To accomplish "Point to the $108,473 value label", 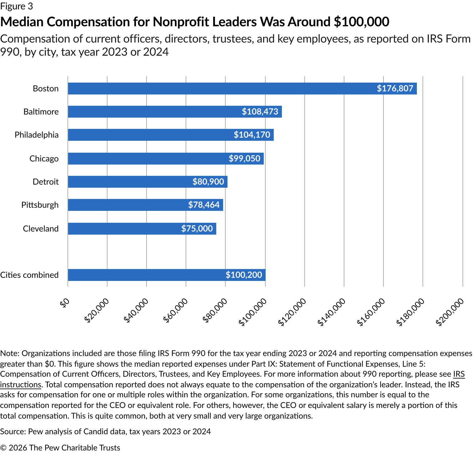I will pyautogui.click(x=260, y=112).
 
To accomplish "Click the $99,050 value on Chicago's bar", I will pyautogui.click(x=244, y=158).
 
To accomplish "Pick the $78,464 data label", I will pyautogui.click(x=204, y=205).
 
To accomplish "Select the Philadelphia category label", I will pyautogui.click(x=37, y=135).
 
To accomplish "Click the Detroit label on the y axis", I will pyautogui.click(x=46, y=182).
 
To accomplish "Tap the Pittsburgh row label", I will pyautogui.click(x=40, y=205).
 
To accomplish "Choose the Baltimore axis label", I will pyautogui.click(x=41, y=112).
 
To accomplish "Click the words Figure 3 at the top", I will pyautogui.click(x=16, y=6).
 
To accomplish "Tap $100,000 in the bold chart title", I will pyautogui.click(x=361, y=22).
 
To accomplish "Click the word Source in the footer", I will pyautogui.click(x=12, y=431).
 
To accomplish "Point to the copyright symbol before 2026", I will pyautogui.click(x=3, y=448).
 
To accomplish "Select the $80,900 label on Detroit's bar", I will pyautogui.click(x=208, y=182).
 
